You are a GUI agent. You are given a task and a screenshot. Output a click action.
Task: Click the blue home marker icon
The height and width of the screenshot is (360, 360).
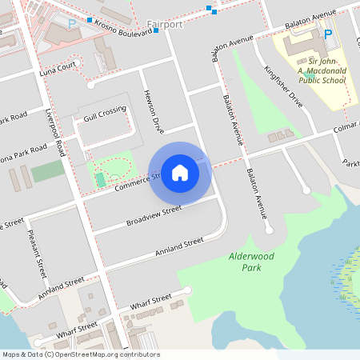point(180,172)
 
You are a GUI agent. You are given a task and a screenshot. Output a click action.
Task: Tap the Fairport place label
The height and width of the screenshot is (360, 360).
point(166,25)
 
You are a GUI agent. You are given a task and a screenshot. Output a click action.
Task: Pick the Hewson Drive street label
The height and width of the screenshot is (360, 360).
point(153,112)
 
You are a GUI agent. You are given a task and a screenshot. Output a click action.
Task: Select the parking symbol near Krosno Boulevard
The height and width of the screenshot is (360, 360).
point(72,25)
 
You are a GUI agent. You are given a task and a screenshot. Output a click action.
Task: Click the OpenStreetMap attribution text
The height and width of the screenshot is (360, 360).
point(80,354)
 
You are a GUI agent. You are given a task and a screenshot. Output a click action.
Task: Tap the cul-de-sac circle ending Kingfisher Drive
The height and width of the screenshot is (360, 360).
point(306,190)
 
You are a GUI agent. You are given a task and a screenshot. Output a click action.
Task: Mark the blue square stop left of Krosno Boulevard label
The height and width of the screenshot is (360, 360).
point(90,19)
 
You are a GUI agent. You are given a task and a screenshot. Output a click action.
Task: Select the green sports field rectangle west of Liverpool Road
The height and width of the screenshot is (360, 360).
point(47,171)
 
